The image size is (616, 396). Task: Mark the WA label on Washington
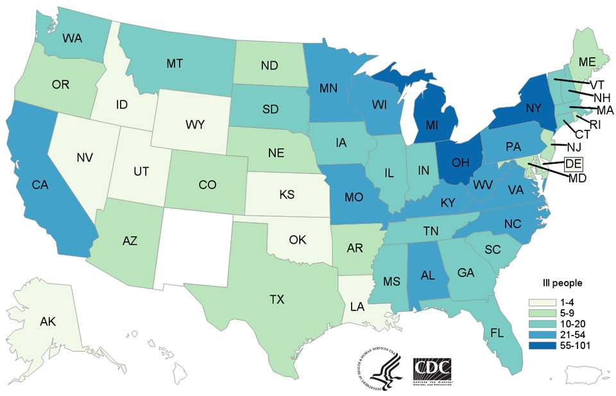pos(72,38)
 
